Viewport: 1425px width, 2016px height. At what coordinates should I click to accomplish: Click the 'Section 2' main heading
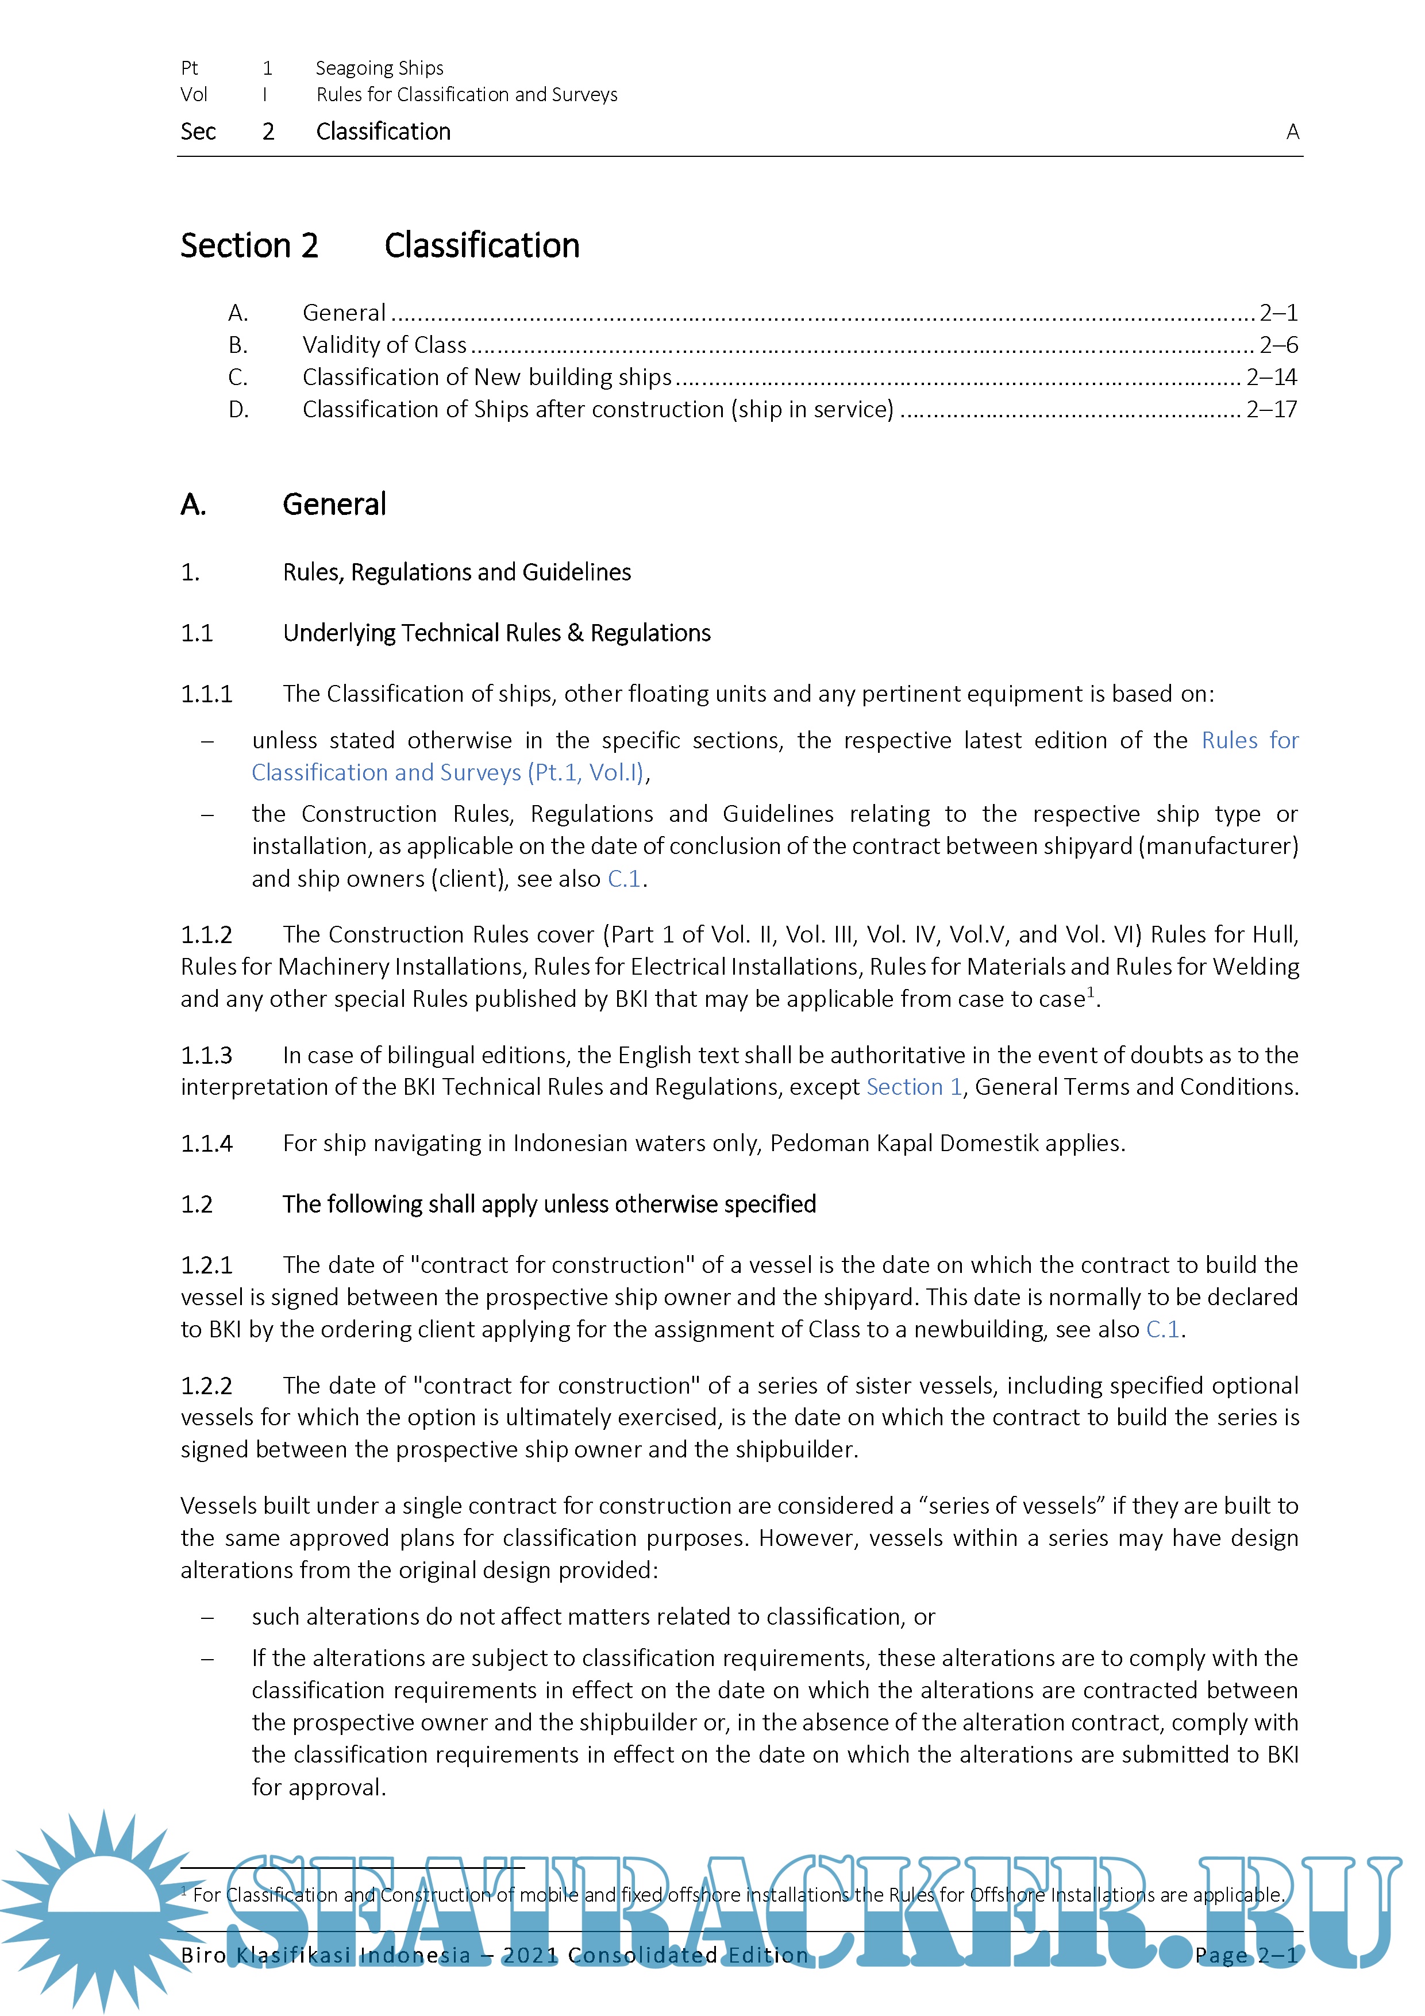[x=249, y=246]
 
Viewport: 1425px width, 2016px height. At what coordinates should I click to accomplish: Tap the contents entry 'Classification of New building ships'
[x=487, y=378]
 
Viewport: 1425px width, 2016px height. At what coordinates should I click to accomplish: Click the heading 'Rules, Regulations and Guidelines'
[x=457, y=572]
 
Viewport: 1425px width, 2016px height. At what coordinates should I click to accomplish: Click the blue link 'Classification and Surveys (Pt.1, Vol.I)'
[x=448, y=773]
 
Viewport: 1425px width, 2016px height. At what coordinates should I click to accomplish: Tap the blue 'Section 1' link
[x=914, y=1087]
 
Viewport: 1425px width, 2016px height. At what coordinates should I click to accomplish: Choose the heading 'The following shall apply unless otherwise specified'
[x=549, y=1204]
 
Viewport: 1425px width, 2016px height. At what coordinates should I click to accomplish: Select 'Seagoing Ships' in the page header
[x=379, y=68]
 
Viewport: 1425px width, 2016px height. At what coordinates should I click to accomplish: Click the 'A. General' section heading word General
[x=334, y=505]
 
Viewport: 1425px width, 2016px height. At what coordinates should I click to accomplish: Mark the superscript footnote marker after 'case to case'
[x=1091, y=991]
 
